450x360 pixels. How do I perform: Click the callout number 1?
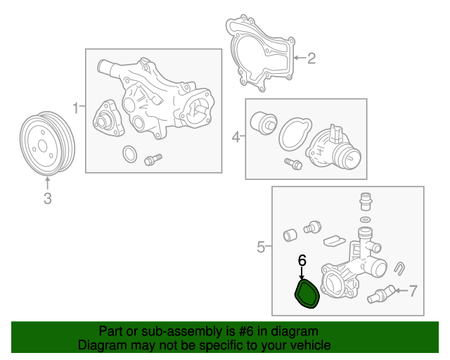point(75,108)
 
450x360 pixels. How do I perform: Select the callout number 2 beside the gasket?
point(311,58)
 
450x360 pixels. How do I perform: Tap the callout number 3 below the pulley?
point(48,198)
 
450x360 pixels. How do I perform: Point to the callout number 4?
point(236,137)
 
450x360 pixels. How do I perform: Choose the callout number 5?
point(261,247)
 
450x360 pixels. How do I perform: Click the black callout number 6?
point(302,260)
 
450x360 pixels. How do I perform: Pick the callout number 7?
point(413,291)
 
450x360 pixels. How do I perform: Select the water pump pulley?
point(47,143)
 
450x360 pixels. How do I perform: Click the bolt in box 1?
point(153,160)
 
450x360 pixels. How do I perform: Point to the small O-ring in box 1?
point(129,154)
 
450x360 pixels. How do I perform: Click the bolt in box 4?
point(293,164)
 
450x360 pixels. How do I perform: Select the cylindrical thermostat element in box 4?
point(264,122)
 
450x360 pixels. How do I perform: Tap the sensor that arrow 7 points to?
point(381,295)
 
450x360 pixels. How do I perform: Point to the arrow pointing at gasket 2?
point(300,58)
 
